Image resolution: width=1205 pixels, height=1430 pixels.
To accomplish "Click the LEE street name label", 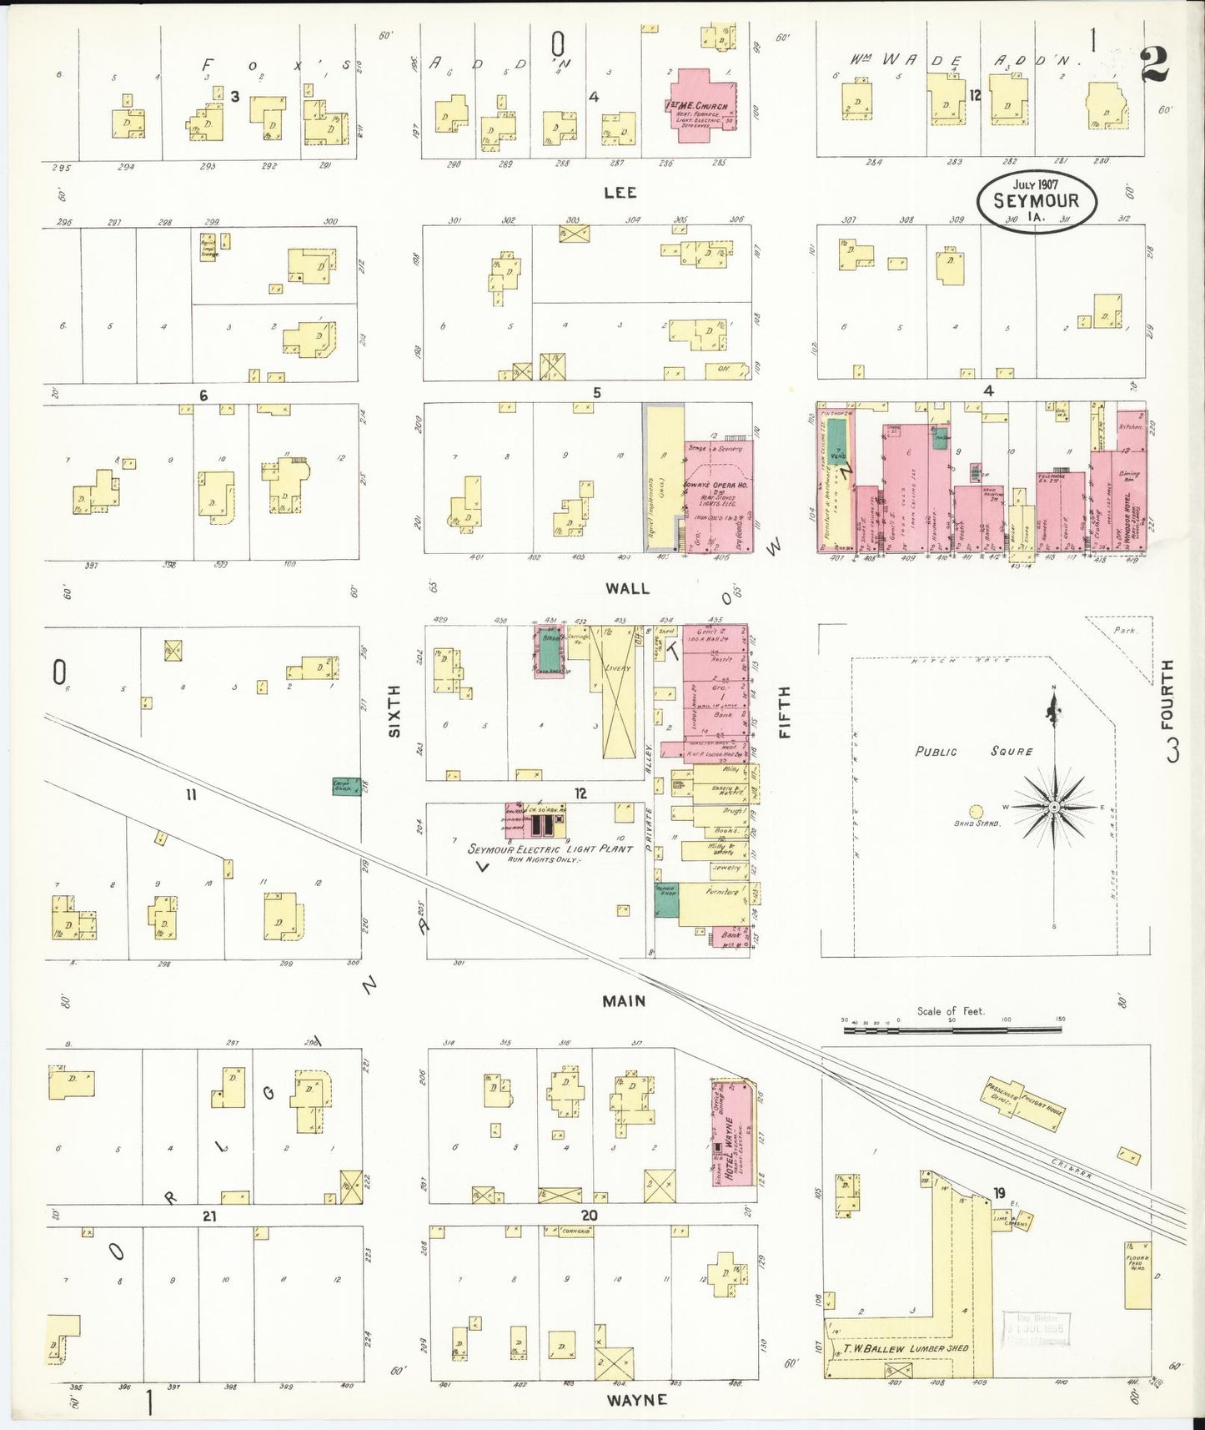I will click(x=620, y=193).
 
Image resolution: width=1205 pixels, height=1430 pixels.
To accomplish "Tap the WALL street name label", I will click(x=627, y=588).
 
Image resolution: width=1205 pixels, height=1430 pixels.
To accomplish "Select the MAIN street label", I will click(x=624, y=1000).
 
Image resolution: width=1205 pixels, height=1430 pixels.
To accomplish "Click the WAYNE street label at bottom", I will click(x=636, y=1399).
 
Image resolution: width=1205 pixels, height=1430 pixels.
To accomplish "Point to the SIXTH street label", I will click(x=394, y=711).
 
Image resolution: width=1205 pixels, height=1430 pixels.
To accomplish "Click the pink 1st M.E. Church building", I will click(x=700, y=104).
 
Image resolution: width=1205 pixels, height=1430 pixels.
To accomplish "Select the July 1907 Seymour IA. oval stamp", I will click(x=1037, y=201).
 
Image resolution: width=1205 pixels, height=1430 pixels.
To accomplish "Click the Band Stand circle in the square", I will click(x=976, y=811).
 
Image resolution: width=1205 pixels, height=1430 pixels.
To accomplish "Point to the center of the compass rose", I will click(x=1054, y=808).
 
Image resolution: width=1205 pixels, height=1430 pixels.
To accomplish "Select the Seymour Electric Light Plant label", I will click(x=550, y=848).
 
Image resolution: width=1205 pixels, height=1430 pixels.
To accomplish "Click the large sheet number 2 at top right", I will click(x=1154, y=64).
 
